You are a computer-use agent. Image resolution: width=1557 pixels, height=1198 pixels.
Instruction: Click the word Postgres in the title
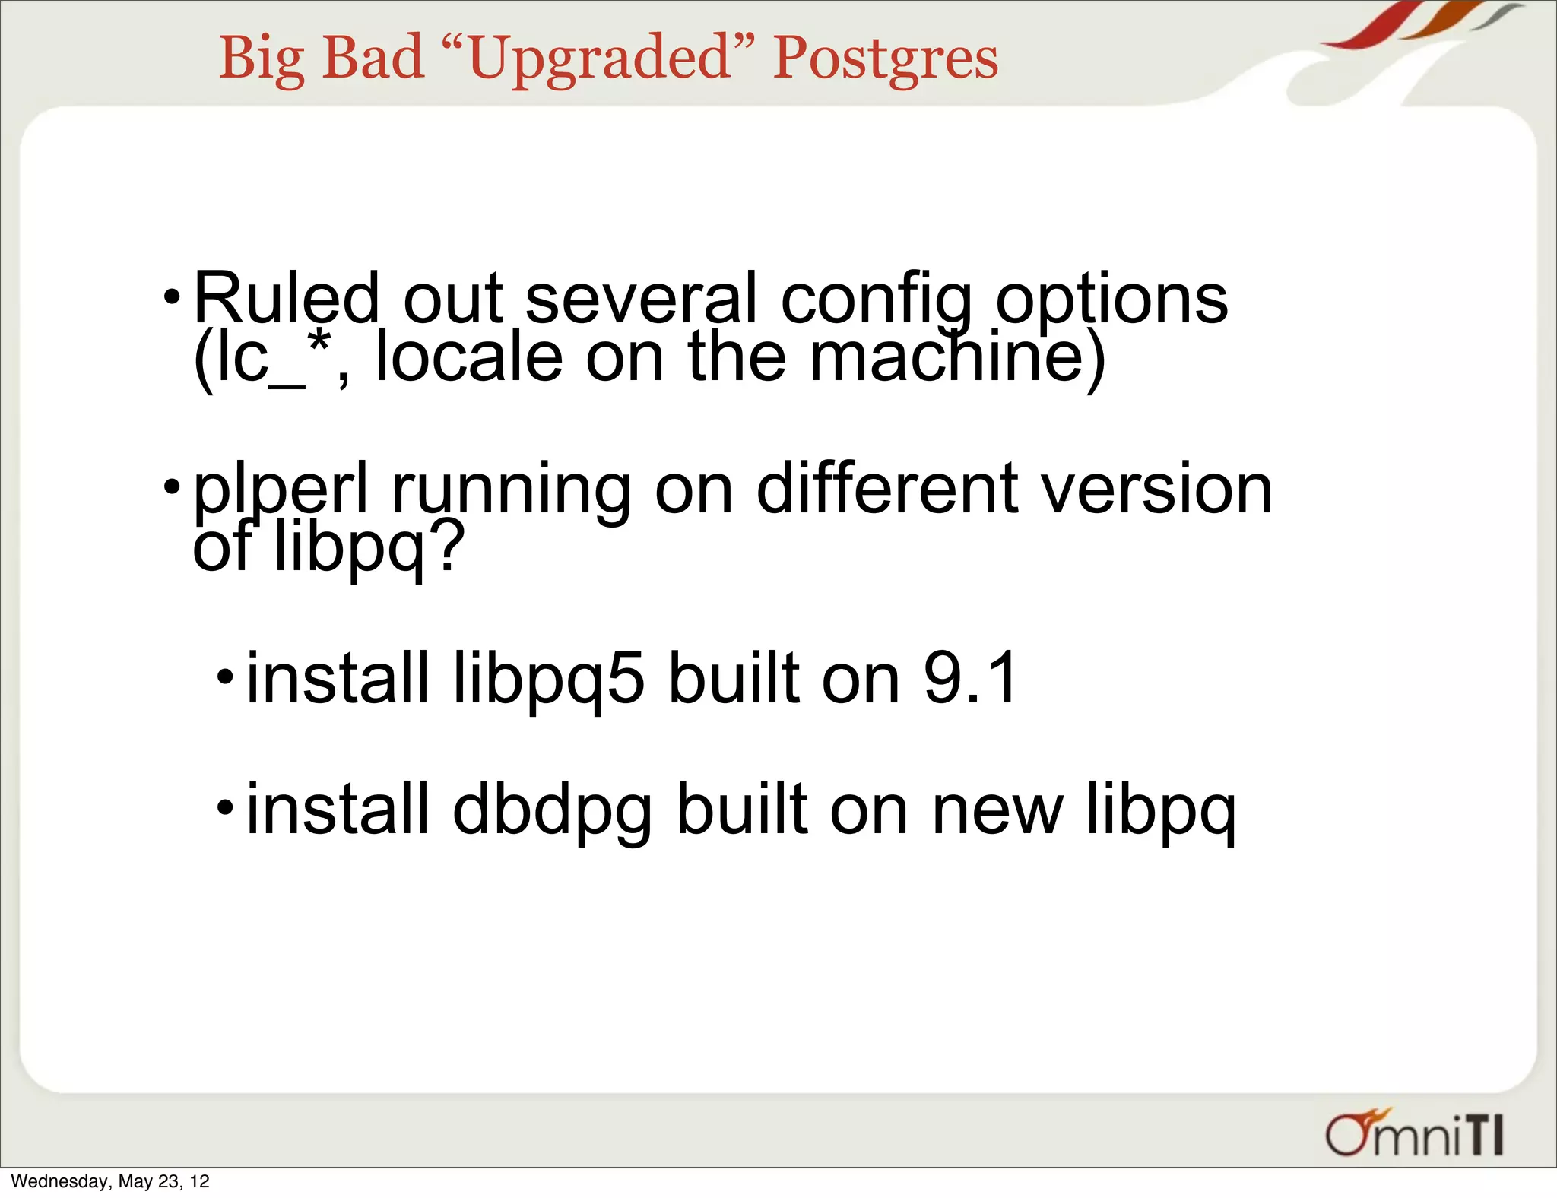pyautogui.click(x=885, y=59)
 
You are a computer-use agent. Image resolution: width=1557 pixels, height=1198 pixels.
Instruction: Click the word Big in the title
pyautogui.click(x=262, y=59)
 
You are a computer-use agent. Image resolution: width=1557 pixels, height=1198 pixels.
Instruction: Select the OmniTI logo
pyautogui.click(x=1415, y=1134)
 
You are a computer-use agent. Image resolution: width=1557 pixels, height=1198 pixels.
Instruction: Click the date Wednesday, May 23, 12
pyautogui.click(x=110, y=1181)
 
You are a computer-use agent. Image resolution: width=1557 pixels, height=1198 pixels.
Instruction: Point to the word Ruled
pyautogui.click(x=286, y=298)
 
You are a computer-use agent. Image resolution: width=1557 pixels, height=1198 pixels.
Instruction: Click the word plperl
pyautogui.click(x=281, y=490)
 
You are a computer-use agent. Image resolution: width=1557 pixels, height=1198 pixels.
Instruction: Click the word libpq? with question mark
pyautogui.click(x=368, y=547)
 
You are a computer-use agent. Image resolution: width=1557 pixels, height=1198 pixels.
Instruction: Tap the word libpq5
pyautogui.click(x=548, y=678)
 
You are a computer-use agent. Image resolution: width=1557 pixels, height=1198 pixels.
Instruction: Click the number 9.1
pyautogui.click(x=970, y=678)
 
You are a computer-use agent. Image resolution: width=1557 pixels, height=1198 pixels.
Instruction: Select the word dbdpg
pyautogui.click(x=552, y=810)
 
